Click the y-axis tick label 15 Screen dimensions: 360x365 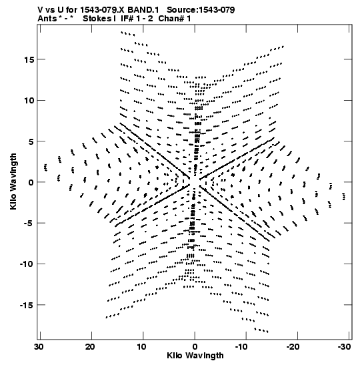tap(29, 59)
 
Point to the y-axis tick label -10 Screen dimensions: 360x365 tap(27, 264)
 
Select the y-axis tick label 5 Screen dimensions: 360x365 tap(31, 141)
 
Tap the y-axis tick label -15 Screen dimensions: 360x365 tap(27, 305)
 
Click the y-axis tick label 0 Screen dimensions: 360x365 tap(31, 182)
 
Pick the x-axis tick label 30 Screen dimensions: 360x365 tap(39, 347)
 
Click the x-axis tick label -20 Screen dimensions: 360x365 tap(293, 347)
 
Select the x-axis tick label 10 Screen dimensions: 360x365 tap(141, 347)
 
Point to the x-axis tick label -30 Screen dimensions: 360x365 tap(345, 347)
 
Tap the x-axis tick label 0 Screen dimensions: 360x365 tap(195, 347)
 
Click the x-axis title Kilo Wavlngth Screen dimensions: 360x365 tap(195, 356)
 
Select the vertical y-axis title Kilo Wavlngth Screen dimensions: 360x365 tap(13, 181)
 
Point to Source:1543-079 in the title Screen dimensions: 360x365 tap(201, 10)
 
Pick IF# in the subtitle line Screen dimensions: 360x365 tap(127, 19)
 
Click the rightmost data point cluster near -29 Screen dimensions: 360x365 tap(344, 196)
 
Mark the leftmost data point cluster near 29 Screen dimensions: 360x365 tap(45, 167)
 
